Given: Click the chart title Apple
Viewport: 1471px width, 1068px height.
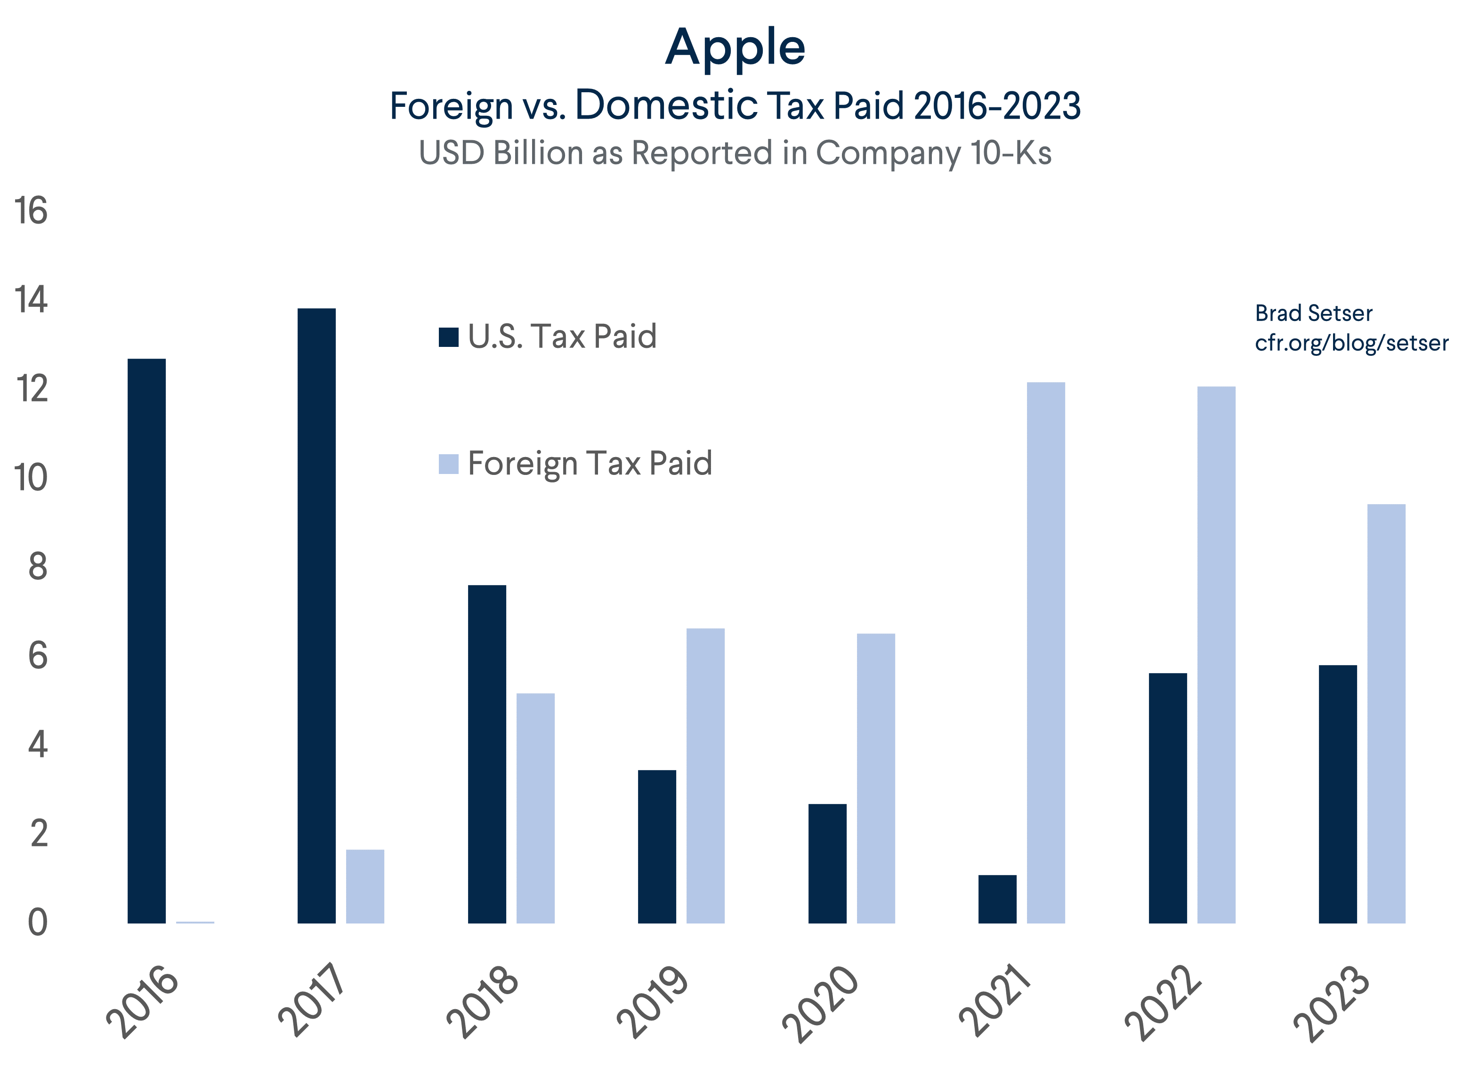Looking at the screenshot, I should (x=735, y=48).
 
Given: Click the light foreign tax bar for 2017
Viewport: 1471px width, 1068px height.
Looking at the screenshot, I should (x=364, y=886).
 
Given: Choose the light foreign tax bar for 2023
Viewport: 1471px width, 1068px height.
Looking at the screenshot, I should (x=1386, y=713).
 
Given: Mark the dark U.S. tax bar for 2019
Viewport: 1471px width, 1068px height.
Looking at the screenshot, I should (x=656, y=846).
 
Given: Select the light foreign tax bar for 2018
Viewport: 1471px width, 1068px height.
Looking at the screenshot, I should (x=535, y=808).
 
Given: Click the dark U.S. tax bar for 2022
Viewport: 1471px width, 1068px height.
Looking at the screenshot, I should (x=1167, y=798).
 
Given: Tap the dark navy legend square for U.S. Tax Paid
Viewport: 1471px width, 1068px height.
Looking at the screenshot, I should (x=448, y=337).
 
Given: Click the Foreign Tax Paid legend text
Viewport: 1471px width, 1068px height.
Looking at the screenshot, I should (x=589, y=463).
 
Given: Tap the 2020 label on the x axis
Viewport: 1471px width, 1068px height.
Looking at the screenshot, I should (x=820, y=1003).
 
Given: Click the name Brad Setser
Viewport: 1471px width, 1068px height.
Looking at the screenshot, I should (x=1313, y=313).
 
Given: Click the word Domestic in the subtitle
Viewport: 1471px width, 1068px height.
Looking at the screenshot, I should (x=666, y=105).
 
